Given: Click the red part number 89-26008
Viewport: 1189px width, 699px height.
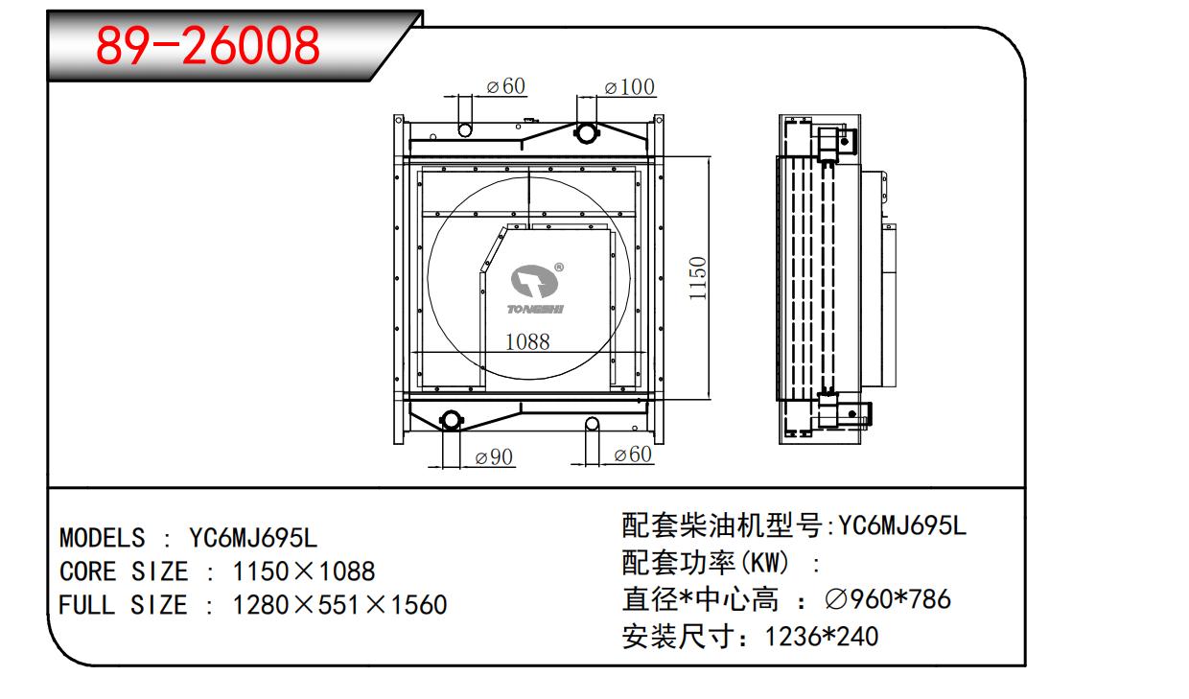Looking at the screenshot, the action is coord(207,46).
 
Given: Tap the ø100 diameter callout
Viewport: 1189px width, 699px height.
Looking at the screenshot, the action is coord(630,87).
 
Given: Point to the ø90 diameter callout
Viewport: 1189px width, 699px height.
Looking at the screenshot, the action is coord(494,457).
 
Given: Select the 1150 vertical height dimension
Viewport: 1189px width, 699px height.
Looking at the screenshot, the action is coord(697,278).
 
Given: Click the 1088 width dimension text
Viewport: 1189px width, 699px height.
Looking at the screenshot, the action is coord(527,341).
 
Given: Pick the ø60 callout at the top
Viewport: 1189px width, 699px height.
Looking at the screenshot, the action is coord(506,86).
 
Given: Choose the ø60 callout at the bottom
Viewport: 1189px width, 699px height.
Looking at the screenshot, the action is coord(633,454).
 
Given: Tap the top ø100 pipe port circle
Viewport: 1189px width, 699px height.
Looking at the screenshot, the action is coord(586,132).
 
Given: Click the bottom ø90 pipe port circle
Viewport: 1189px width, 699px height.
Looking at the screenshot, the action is coord(452,420).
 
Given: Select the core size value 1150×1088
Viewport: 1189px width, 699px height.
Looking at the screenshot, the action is coord(304,571).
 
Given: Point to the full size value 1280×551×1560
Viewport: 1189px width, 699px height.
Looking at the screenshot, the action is coord(339,605).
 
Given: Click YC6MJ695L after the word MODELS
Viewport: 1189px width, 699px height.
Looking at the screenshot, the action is coord(253,538).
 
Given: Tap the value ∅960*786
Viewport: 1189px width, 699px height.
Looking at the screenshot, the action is coord(888,599).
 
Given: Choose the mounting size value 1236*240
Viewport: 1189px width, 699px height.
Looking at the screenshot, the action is coord(821,637).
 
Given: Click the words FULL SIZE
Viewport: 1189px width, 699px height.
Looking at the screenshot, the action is coord(123,605).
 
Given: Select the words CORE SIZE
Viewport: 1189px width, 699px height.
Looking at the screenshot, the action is coord(124,571).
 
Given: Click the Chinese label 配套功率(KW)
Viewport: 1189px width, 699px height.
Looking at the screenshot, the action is coord(706,563).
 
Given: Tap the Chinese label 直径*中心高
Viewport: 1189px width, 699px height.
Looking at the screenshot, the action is coord(700,599).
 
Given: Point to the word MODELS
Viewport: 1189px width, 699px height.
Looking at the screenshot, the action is coord(102,538).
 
